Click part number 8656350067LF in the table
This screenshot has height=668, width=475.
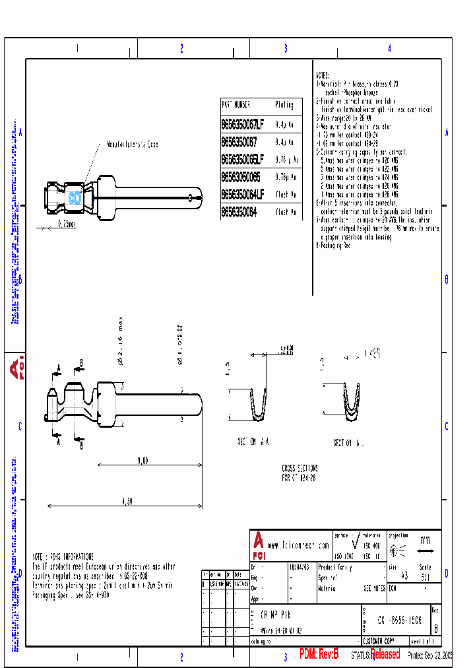(x=242, y=124)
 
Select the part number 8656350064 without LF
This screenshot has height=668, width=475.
(x=239, y=212)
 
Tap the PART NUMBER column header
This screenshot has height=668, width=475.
(x=236, y=105)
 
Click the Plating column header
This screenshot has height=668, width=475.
(x=284, y=105)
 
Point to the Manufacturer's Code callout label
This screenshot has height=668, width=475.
(x=133, y=144)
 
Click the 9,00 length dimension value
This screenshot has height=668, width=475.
(x=142, y=461)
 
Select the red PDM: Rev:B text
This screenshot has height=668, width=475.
(x=319, y=654)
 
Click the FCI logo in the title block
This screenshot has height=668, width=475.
(x=258, y=541)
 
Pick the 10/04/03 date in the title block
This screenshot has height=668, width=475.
(x=298, y=566)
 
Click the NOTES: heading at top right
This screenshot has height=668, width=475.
(x=323, y=76)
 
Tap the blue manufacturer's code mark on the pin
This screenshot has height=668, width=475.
(x=73, y=197)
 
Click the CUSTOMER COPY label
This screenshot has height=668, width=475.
(x=379, y=640)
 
